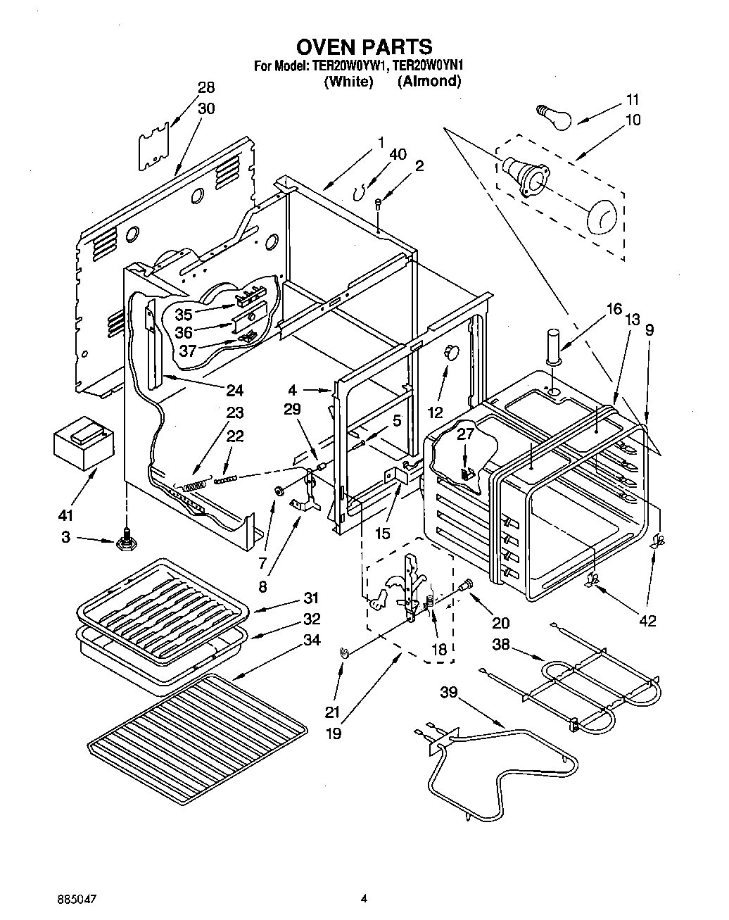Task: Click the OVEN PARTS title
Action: (x=364, y=47)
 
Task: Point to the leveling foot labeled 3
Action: (x=127, y=542)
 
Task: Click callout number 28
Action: (x=206, y=88)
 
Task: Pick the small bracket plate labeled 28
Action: (x=154, y=146)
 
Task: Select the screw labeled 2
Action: (x=378, y=204)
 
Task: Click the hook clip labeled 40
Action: (x=360, y=189)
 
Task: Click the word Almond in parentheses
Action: (x=429, y=82)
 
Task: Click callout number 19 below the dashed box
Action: (x=334, y=733)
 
